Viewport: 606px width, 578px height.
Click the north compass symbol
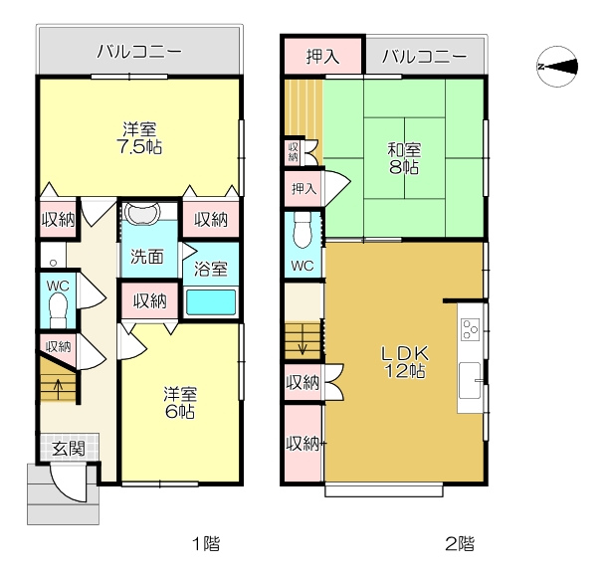(557, 67)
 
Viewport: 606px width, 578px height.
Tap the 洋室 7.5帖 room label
(139, 138)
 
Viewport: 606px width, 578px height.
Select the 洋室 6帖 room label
(180, 403)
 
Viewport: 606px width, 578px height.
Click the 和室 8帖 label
(404, 158)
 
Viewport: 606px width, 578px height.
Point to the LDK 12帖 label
(405, 362)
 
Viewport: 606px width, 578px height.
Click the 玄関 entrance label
(69, 449)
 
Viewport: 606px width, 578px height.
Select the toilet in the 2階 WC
(303, 231)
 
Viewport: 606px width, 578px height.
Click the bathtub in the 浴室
(211, 302)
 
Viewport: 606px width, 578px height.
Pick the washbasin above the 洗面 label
(142, 214)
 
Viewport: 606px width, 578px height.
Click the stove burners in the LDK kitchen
(471, 329)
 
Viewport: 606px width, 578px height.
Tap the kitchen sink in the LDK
(471, 381)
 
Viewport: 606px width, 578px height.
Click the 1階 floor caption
(206, 544)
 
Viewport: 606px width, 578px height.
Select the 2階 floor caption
(460, 544)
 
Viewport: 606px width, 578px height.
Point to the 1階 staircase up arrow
(59, 389)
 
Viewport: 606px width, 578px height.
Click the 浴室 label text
(211, 269)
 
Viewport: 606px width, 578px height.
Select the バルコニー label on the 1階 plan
(139, 51)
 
